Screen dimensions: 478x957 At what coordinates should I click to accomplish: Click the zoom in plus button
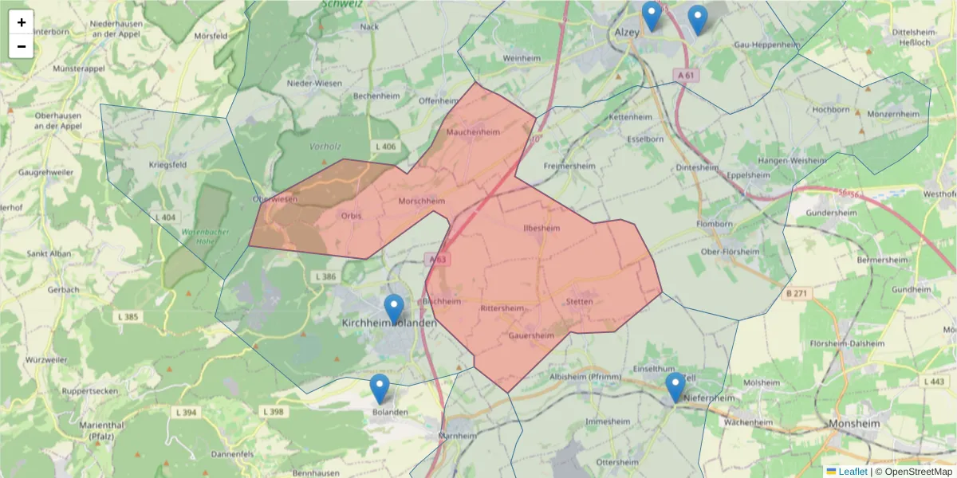[x=22, y=22]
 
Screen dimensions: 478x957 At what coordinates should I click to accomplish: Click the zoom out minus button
[x=22, y=46]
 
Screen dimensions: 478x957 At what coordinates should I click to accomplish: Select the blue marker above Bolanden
[x=380, y=389]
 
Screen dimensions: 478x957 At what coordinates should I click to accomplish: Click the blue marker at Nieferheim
[x=675, y=387]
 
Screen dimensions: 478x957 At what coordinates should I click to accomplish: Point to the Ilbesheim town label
[x=542, y=228]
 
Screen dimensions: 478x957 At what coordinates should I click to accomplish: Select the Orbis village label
[x=351, y=216]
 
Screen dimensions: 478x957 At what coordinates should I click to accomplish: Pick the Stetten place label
[x=579, y=302]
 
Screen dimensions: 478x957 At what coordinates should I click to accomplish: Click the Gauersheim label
[x=531, y=336]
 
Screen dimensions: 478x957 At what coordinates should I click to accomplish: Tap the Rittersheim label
[x=502, y=308]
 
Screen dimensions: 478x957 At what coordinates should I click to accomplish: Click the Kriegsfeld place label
[x=166, y=165]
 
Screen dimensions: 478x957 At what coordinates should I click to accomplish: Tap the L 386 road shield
[x=325, y=276]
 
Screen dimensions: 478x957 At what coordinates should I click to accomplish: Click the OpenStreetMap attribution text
[x=913, y=472]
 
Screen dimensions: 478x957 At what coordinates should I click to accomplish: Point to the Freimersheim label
[x=571, y=166]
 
